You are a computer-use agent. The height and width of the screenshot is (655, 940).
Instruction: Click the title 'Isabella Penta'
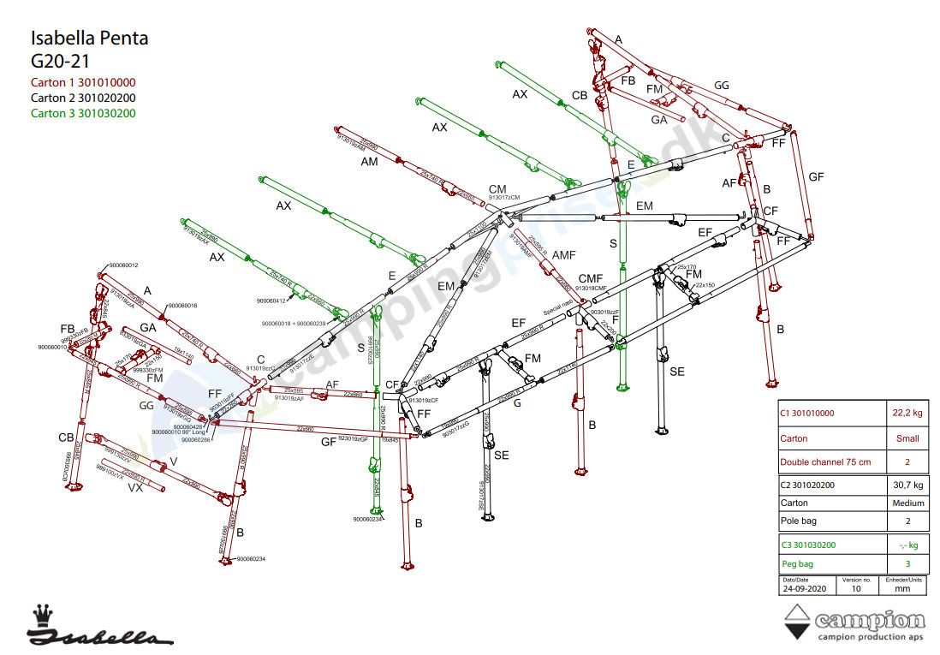[x=89, y=39]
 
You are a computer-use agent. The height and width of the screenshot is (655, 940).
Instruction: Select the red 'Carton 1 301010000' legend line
[x=83, y=83]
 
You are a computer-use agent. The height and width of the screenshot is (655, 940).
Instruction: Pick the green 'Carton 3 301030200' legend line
[x=83, y=113]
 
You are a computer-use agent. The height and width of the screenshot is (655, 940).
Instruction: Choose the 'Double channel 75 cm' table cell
[x=824, y=462]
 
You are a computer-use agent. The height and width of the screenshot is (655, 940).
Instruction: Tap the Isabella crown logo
[x=41, y=615]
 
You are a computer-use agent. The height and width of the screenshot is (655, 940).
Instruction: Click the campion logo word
[x=871, y=620]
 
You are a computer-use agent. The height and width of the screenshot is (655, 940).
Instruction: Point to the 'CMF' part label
[x=591, y=279]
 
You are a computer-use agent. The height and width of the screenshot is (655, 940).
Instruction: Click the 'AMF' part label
[x=564, y=256]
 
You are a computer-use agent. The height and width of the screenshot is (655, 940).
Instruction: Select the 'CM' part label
[x=497, y=189]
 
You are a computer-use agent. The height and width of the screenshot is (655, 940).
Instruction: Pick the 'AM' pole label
[x=369, y=162]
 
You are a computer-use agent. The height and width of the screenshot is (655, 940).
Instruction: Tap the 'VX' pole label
[x=134, y=488]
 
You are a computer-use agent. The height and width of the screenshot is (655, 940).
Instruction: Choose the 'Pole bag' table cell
[x=797, y=521]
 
